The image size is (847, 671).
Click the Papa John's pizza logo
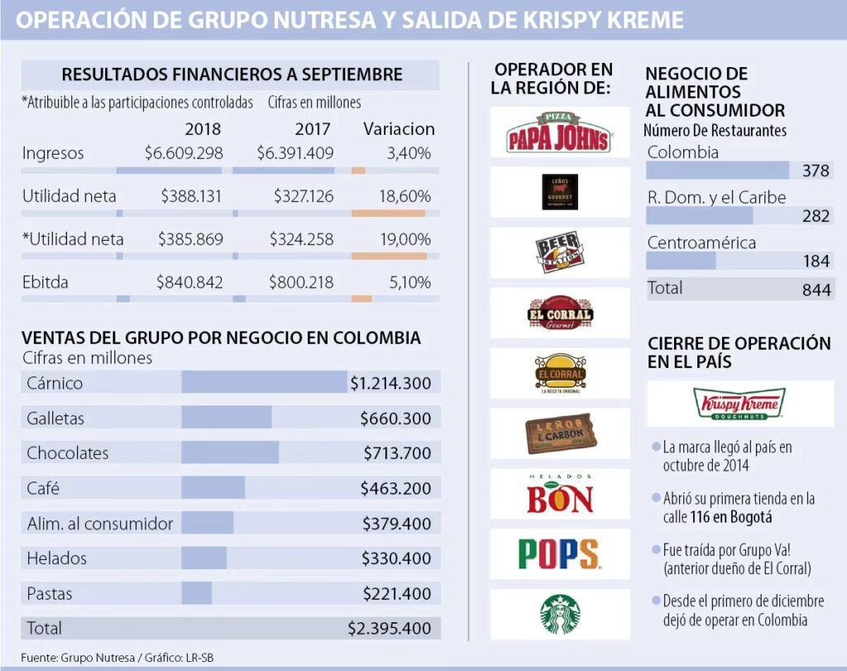tap(559, 132)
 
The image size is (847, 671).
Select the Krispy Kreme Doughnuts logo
tap(740, 404)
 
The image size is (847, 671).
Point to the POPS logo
tap(559, 554)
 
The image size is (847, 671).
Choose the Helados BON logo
tap(560, 494)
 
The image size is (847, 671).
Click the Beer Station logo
tap(560, 252)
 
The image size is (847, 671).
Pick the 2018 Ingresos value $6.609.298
tap(183, 153)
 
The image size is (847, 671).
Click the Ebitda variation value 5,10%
tap(410, 282)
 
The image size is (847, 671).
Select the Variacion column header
tap(399, 129)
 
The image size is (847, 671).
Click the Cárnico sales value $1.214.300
tap(390, 383)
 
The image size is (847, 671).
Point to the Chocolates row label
tap(67, 453)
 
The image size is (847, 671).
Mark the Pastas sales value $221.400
tap(396, 593)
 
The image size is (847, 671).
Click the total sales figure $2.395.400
tap(390, 628)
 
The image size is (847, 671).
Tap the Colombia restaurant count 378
tap(816, 171)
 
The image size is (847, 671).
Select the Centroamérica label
tap(701, 243)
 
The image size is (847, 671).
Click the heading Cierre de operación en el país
tap(739, 352)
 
